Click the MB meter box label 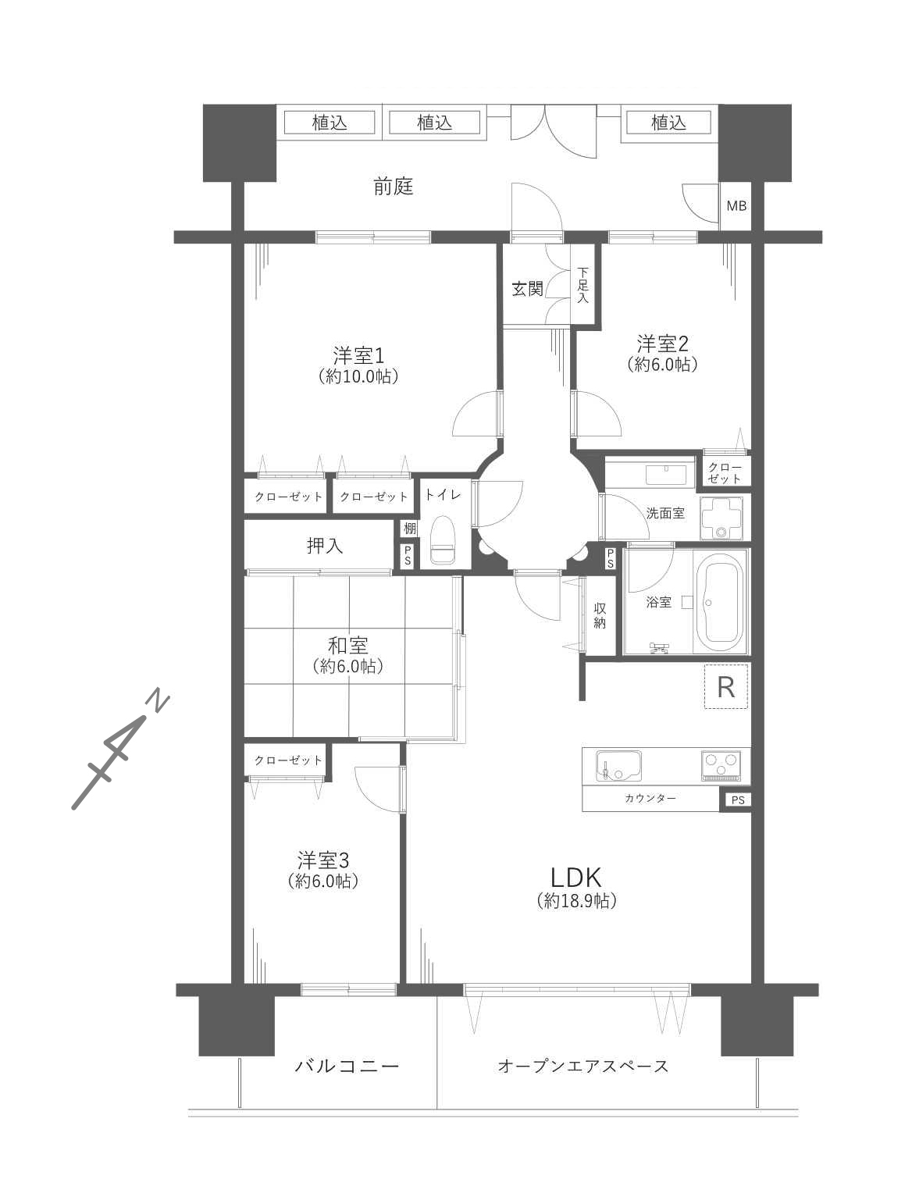point(736,206)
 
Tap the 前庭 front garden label point(394,187)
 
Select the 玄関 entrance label point(527,289)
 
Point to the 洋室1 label point(358,356)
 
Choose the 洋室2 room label point(663,344)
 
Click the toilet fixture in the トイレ point(444,540)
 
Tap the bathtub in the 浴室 point(721,602)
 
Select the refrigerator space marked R point(726,687)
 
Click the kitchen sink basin point(618,767)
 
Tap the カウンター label point(650,798)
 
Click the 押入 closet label point(325,546)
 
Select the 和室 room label point(347,646)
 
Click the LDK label point(575,878)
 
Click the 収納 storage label point(599,616)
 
